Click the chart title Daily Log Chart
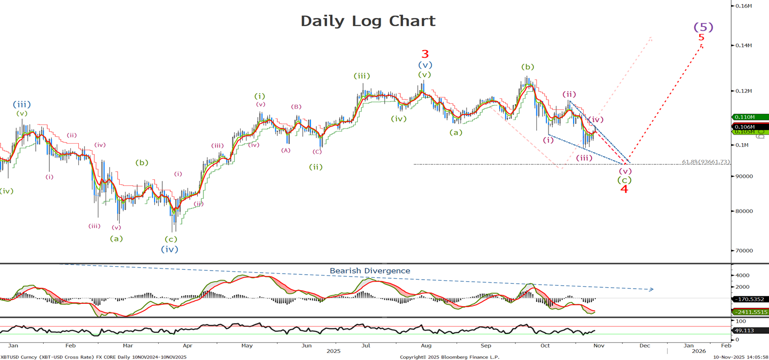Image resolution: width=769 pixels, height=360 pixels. pos(368,21)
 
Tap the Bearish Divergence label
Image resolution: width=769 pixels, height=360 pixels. pos(370,271)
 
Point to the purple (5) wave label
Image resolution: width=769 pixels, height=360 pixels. pos(703,27)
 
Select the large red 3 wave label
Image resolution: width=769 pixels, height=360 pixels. pos(425,54)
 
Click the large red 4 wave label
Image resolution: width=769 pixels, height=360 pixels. pos(624,189)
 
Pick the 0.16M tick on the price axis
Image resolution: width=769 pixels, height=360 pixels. pos(743,6)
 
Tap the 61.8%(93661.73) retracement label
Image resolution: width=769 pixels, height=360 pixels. pos(706,162)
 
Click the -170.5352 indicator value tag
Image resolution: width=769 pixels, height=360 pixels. pos(750,299)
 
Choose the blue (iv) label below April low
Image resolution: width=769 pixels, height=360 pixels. pos(169,249)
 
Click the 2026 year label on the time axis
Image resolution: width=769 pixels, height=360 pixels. pos(699,351)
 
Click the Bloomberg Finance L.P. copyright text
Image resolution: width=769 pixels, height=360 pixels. pos(450,357)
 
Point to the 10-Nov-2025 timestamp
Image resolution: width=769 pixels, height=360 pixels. pos(740,357)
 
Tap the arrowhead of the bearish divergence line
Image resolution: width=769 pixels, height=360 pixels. pos(651,289)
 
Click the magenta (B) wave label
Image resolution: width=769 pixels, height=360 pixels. pos(296,106)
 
